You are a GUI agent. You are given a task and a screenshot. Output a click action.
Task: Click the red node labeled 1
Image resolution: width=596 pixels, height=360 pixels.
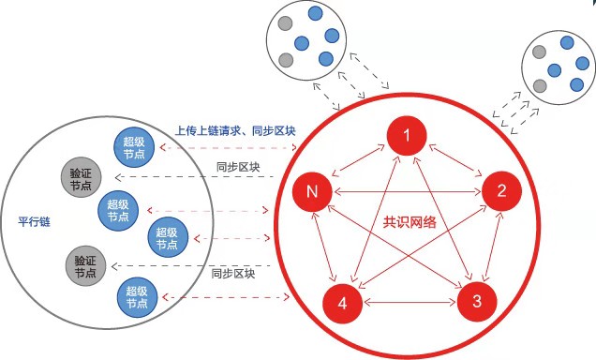pyautogui.click(x=407, y=139)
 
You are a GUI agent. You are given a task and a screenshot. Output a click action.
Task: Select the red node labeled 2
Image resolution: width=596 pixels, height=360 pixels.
pyautogui.click(x=501, y=193)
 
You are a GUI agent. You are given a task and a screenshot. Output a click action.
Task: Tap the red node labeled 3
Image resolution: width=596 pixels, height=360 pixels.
pyautogui.click(x=477, y=302)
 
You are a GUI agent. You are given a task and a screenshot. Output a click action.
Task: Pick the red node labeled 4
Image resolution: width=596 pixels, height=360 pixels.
pyautogui.click(x=342, y=303)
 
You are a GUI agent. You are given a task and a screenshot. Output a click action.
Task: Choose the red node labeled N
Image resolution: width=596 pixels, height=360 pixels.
pyautogui.click(x=310, y=193)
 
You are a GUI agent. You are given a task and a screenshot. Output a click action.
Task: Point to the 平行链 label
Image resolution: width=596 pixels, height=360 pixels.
pyautogui.click(x=36, y=220)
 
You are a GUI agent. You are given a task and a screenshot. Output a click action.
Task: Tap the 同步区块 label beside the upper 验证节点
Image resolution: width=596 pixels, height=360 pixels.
pyautogui.click(x=231, y=167)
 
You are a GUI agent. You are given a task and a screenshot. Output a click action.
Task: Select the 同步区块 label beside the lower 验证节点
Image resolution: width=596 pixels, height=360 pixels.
pyautogui.click(x=231, y=275)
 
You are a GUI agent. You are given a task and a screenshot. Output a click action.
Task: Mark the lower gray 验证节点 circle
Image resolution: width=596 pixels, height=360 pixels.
pyautogui.click(x=85, y=266)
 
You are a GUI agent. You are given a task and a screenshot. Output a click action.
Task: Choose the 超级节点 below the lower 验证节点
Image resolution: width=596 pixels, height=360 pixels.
pyautogui.click(x=135, y=299)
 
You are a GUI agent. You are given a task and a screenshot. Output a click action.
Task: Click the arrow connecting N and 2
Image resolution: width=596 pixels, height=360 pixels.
pyautogui.click(x=406, y=193)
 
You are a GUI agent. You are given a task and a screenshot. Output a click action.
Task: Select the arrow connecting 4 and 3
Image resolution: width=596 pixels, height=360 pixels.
pyautogui.click(x=410, y=303)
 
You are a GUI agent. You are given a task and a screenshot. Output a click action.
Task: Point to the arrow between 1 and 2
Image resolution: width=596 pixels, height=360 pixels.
pyautogui.click(x=454, y=165)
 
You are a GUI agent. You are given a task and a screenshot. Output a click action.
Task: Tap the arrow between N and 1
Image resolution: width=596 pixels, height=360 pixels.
pyautogui.click(x=358, y=165)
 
